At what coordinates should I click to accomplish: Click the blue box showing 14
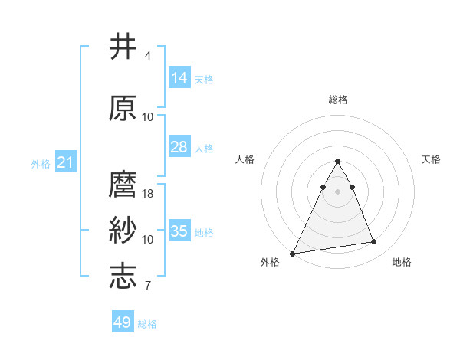tap(179, 78)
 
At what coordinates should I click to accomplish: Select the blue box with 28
tap(179, 147)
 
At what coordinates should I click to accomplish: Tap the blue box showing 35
tap(179, 231)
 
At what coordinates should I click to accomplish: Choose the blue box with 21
tap(64, 162)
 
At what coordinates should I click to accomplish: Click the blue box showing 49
tap(123, 322)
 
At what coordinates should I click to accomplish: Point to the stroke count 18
tap(148, 194)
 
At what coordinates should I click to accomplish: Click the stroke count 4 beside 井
tap(147, 56)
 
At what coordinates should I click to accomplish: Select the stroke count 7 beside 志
tap(147, 286)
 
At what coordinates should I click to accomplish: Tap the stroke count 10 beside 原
tap(148, 117)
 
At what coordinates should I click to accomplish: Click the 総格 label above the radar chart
tap(337, 100)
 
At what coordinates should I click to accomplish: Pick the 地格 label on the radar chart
tap(402, 262)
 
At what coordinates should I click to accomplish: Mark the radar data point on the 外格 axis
tap(293, 253)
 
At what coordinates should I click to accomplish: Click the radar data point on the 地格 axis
tap(374, 242)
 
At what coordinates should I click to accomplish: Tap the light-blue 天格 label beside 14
tap(204, 80)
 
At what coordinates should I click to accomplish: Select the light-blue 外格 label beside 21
tap(41, 164)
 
